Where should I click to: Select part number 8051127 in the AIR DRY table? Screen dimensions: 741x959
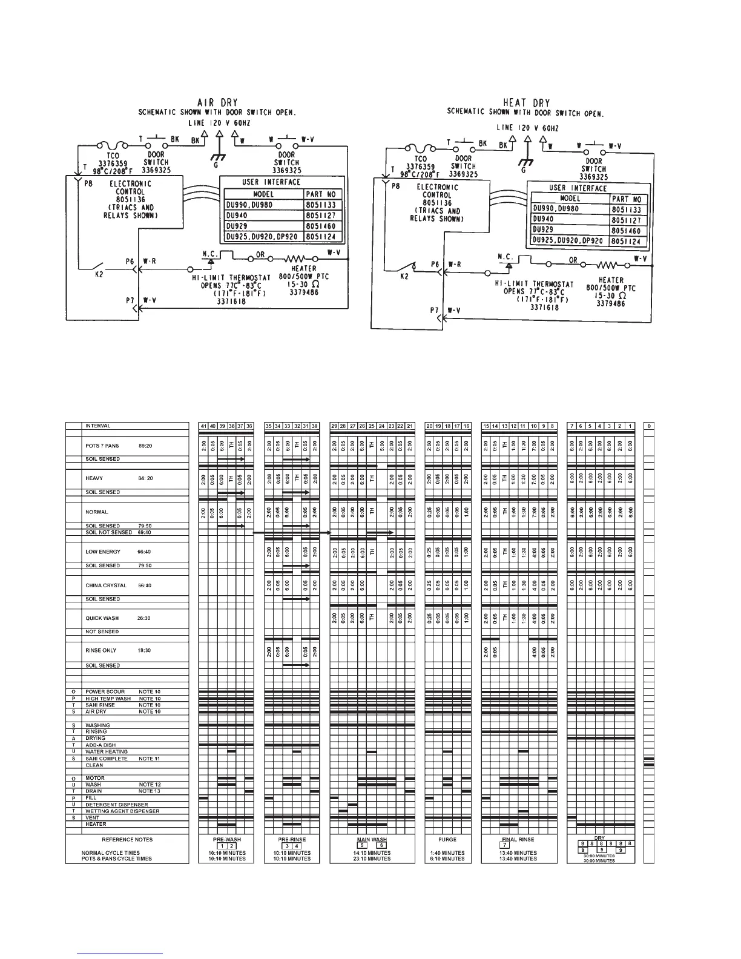pyautogui.click(x=323, y=216)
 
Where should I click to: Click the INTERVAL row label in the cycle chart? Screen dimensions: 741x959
pyautogui.click(x=98, y=426)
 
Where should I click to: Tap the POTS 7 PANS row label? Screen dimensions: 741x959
pyautogui.click(x=102, y=446)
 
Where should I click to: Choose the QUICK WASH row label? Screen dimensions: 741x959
pyautogui.click(x=102, y=619)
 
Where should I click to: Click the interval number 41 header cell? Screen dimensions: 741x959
pyautogui.click(x=203, y=426)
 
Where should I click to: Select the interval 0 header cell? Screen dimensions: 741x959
pyautogui.click(x=649, y=426)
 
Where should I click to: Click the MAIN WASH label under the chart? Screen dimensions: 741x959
pyautogui.click(x=372, y=840)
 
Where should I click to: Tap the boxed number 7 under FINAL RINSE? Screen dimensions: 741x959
pyautogui.click(x=505, y=846)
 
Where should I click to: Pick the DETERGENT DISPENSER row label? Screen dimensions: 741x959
pyautogui.click(x=116, y=805)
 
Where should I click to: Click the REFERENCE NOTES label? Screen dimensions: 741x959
pyautogui.click(x=127, y=840)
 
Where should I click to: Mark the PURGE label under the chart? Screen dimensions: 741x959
pyautogui.click(x=447, y=840)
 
